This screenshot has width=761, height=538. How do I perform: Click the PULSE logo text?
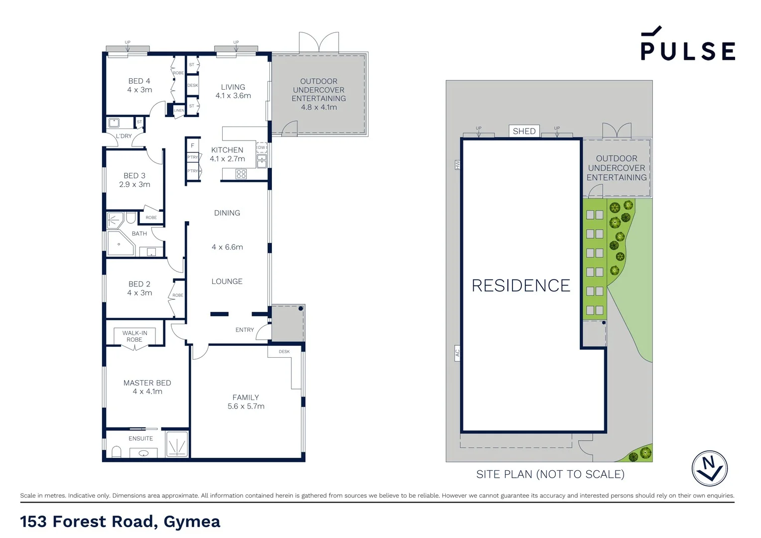687,50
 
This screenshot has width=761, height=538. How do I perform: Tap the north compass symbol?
709,468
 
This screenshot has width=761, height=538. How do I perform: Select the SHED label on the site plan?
524,131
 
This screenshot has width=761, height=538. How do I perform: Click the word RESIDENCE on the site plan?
521,285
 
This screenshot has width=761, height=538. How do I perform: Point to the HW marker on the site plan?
457,164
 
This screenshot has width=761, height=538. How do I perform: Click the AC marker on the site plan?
457,353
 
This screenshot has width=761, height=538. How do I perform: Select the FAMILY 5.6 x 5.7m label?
246,402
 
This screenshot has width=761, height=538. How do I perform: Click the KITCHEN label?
227,150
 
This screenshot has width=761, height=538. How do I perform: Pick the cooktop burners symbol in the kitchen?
241,174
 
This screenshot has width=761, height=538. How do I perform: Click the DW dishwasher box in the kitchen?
261,147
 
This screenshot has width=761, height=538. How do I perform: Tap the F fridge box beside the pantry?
192,145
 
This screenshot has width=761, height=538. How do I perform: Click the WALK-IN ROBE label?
134,336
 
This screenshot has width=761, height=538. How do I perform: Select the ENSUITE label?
140,438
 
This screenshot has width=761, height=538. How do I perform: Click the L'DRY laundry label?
124,136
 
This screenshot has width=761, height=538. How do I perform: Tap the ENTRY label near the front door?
245,330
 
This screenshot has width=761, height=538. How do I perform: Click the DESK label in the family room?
284,352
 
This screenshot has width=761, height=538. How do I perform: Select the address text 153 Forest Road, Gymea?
120,521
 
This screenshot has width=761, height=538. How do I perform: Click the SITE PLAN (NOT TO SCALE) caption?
550,474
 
